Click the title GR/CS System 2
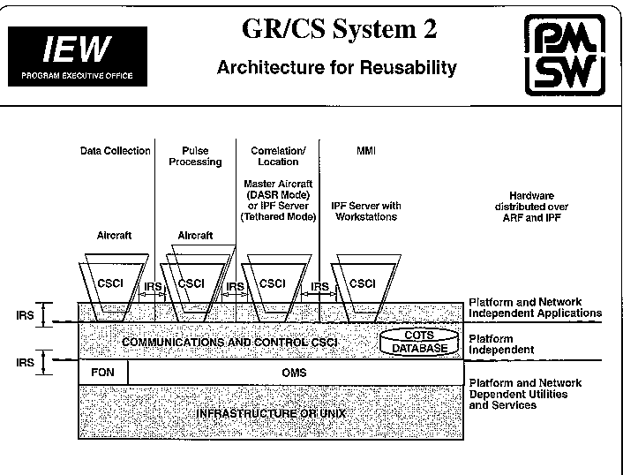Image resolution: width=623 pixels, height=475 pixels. coord(339,30)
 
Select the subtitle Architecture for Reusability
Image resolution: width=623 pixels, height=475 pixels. coord(336,67)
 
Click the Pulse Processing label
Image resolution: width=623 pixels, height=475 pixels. coord(201,156)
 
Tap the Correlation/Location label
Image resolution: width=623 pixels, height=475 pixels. coord(278,156)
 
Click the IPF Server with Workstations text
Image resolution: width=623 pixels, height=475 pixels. coord(365,211)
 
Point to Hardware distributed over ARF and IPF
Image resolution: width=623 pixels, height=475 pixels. coord(538,206)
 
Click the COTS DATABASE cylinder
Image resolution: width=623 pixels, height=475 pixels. coord(419,342)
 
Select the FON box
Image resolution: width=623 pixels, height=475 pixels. coord(103,373)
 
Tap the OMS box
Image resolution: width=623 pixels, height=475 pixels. coord(294,373)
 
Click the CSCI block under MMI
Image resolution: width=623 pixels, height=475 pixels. coord(362,283)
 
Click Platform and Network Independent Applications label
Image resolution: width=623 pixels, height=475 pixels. coord(535,307)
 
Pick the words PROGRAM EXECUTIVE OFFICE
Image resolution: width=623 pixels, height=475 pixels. coord(77,76)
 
